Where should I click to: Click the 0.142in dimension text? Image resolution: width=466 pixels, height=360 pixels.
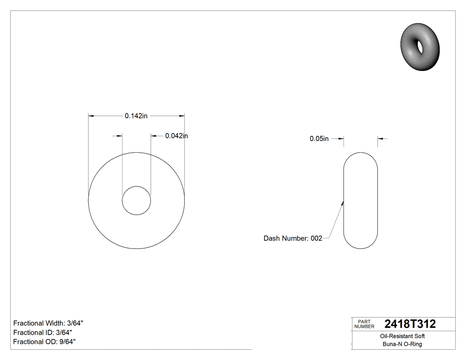click(x=136, y=116)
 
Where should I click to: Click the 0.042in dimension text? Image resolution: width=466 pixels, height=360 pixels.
click(x=176, y=136)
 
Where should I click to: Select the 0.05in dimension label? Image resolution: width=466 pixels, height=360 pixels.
click(x=319, y=139)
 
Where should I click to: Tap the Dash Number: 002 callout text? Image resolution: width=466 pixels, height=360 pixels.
click(x=292, y=238)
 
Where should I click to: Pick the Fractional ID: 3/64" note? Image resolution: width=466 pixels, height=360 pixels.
click(x=43, y=332)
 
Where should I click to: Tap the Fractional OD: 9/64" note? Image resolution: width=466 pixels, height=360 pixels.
click(x=44, y=342)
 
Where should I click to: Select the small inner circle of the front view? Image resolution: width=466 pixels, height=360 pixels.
click(x=136, y=201)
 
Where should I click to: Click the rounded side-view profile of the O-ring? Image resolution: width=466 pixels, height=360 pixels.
click(x=361, y=201)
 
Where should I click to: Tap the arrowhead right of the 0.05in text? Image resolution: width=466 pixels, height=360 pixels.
click(x=341, y=139)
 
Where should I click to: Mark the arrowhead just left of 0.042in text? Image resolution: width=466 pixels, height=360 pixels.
click(x=154, y=136)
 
